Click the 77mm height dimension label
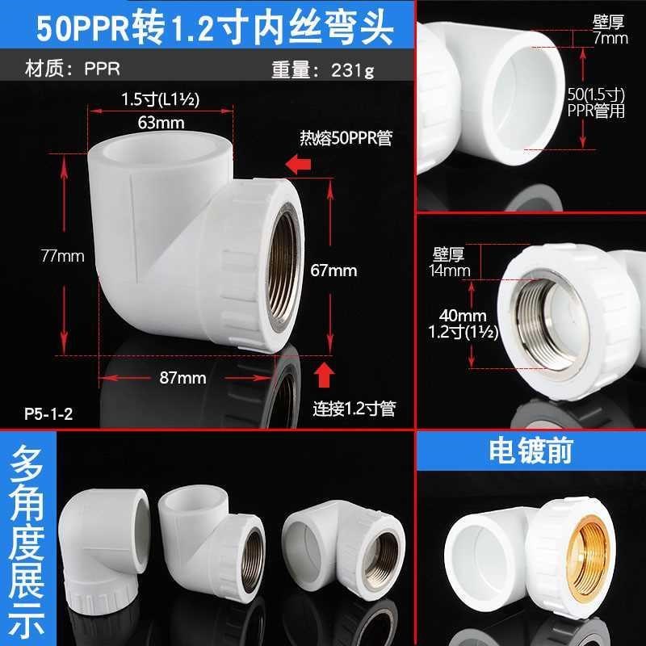point(62,256)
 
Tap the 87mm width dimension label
point(183,377)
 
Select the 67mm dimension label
point(333,271)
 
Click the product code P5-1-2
point(48,416)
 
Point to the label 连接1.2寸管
point(354,409)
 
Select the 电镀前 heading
point(531,451)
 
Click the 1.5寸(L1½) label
point(160,99)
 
